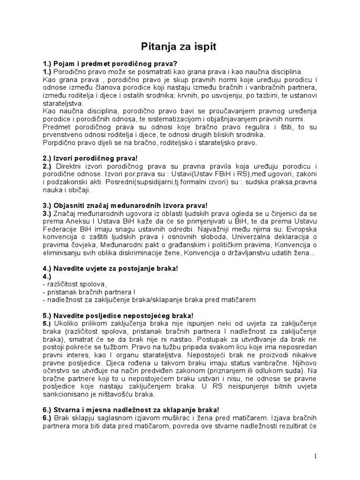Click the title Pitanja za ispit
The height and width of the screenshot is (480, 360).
click(x=180, y=47)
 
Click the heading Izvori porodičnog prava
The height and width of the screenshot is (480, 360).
click(x=94, y=159)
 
